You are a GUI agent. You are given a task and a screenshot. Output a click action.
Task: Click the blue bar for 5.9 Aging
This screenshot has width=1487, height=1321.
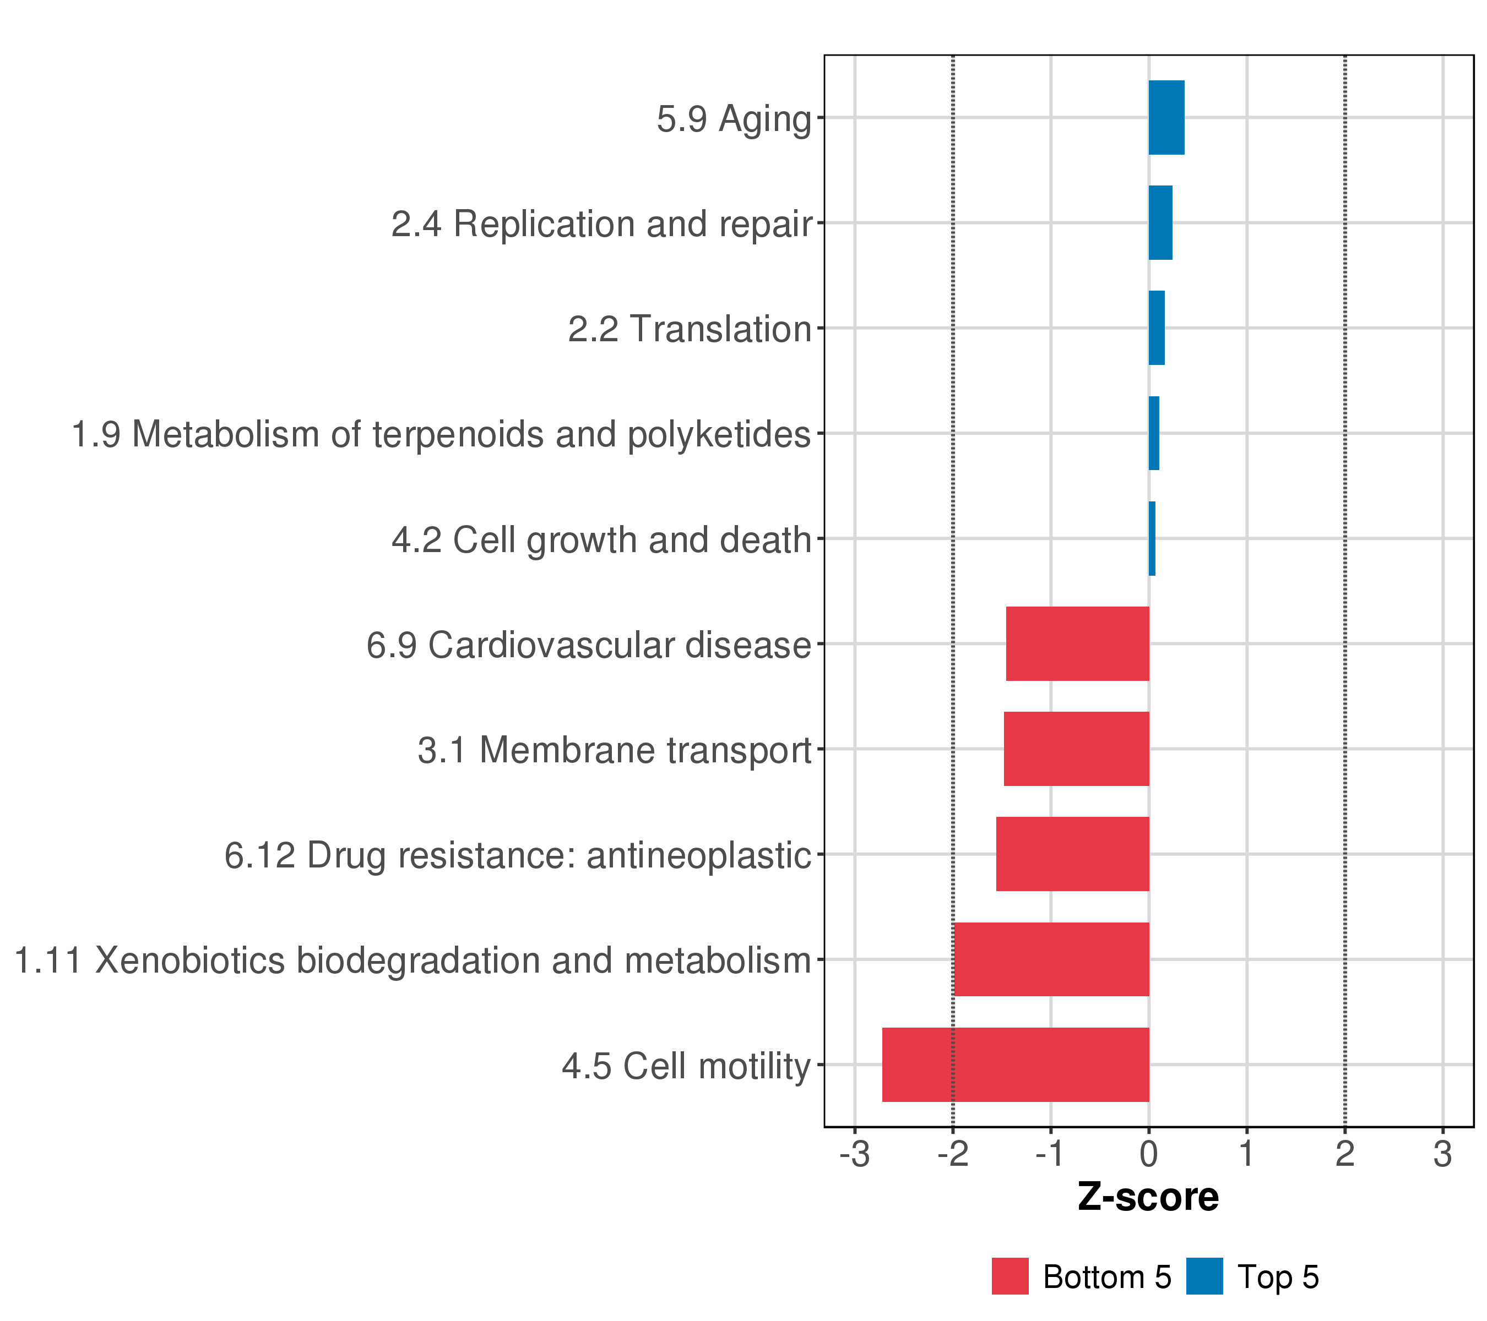(x=1166, y=118)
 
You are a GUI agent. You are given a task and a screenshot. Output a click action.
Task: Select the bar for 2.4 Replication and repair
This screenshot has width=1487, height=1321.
(x=1160, y=222)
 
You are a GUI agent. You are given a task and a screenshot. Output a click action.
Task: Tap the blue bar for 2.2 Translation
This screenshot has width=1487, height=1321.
(x=1157, y=328)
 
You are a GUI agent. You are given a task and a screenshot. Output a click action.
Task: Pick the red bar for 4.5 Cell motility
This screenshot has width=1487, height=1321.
(x=1016, y=1065)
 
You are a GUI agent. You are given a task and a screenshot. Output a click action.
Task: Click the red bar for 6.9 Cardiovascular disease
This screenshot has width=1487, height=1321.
(x=1077, y=643)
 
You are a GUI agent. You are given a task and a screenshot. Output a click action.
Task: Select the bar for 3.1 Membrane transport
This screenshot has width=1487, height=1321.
(x=1077, y=749)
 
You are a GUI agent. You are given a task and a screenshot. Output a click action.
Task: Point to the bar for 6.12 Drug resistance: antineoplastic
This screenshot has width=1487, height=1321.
(x=1072, y=854)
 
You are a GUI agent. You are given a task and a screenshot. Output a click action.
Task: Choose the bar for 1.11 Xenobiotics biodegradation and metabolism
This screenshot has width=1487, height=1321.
(x=1051, y=960)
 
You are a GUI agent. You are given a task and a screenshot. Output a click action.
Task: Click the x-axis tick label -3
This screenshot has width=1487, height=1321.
(x=855, y=1155)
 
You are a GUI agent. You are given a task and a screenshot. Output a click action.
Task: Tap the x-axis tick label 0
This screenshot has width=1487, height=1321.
(x=1149, y=1155)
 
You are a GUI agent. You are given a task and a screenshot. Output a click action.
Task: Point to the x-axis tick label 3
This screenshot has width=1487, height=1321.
(x=1442, y=1155)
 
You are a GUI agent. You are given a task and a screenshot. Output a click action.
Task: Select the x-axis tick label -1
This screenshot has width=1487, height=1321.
(x=1050, y=1155)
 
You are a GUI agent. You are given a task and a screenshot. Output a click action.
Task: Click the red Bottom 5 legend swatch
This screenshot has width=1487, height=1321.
(x=1010, y=1276)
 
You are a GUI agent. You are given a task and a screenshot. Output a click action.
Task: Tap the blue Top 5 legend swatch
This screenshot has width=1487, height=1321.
(x=1204, y=1276)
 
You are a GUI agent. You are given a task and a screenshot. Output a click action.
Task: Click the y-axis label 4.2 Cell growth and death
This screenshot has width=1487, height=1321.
(x=601, y=540)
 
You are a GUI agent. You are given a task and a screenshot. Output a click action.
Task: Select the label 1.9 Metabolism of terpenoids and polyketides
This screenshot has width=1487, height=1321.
(x=441, y=435)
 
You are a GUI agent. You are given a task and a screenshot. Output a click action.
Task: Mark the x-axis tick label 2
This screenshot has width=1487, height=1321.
(x=1344, y=1155)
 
